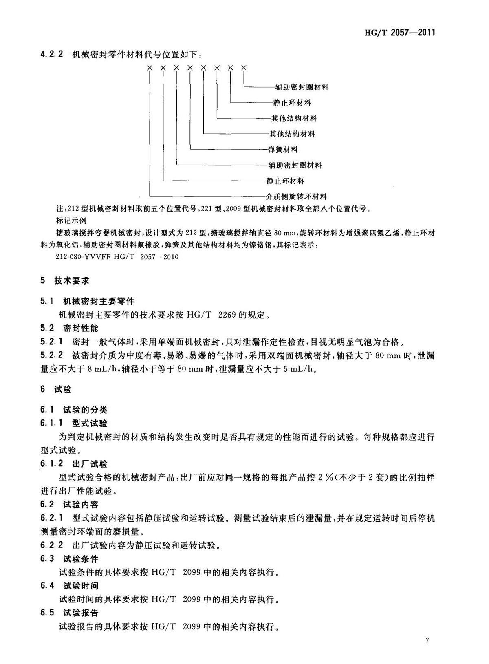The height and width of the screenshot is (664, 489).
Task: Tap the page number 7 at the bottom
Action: (x=427, y=640)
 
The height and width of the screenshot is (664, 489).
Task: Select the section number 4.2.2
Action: (x=51, y=54)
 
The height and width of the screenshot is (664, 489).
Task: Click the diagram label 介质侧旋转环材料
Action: (x=296, y=196)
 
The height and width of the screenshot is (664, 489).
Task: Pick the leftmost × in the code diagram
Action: (x=150, y=68)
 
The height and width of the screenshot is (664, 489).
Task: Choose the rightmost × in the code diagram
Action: (x=244, y=68)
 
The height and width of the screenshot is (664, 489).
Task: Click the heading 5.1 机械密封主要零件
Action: (x=87, y=301)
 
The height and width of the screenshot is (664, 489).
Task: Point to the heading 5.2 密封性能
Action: (x=69, y=328)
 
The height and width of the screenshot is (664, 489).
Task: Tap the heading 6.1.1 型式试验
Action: (x=74, y=423)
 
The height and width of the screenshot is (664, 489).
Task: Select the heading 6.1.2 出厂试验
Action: (x=74, y=464)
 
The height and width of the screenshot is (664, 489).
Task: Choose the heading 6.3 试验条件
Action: (x=69, y=558)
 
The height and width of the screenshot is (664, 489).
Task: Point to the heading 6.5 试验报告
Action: (x=69, y=613)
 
